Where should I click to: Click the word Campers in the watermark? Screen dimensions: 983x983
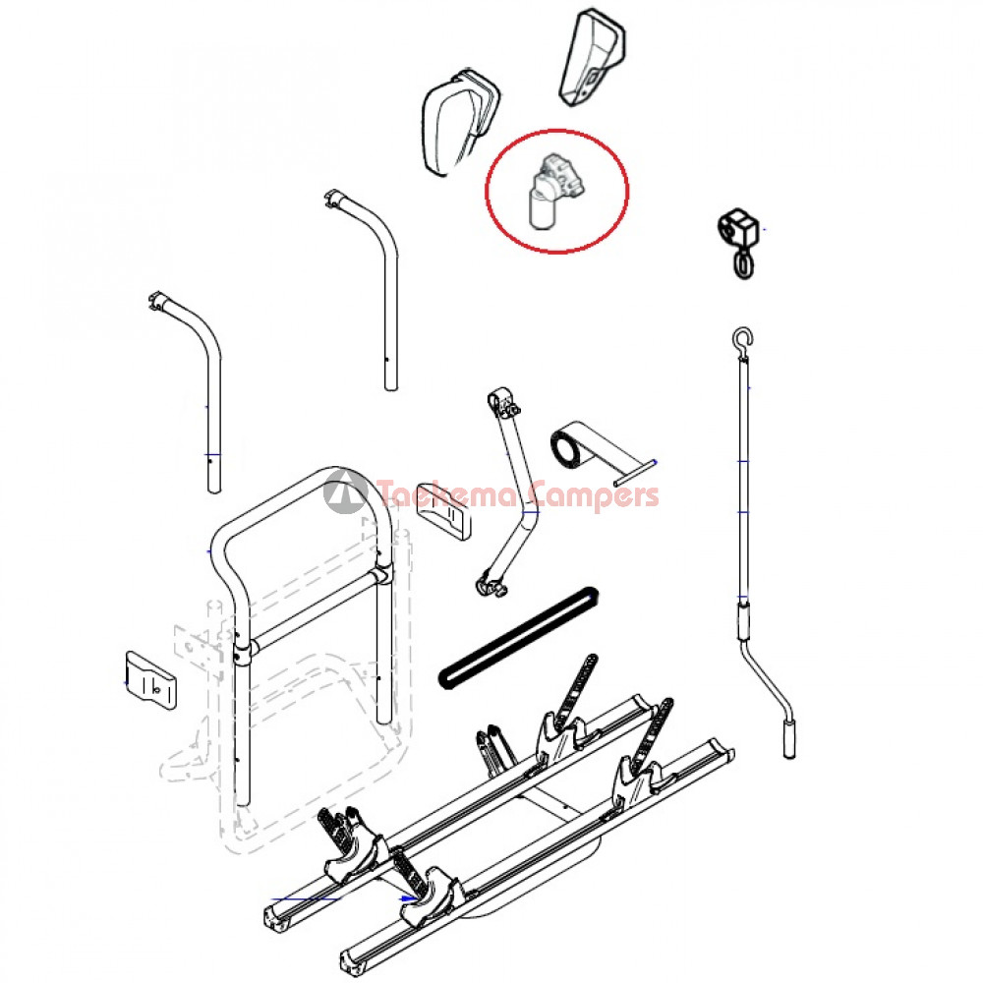[593, 495]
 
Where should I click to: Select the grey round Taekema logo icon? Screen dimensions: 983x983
[345, 491]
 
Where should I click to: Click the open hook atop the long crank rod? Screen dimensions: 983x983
[743, 341]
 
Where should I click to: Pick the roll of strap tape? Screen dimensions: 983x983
[569, 445]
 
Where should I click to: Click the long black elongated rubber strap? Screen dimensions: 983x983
[519, 637]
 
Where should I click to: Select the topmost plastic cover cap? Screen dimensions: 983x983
[592, 57]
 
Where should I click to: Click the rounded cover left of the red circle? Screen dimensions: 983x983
[461, 121]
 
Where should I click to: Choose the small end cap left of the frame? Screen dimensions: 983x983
[150, 681]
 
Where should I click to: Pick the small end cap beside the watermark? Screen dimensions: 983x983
[442, 511]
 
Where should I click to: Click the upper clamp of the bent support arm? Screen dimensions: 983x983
[502, 402]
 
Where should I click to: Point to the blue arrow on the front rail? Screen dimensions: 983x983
[409, 898]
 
